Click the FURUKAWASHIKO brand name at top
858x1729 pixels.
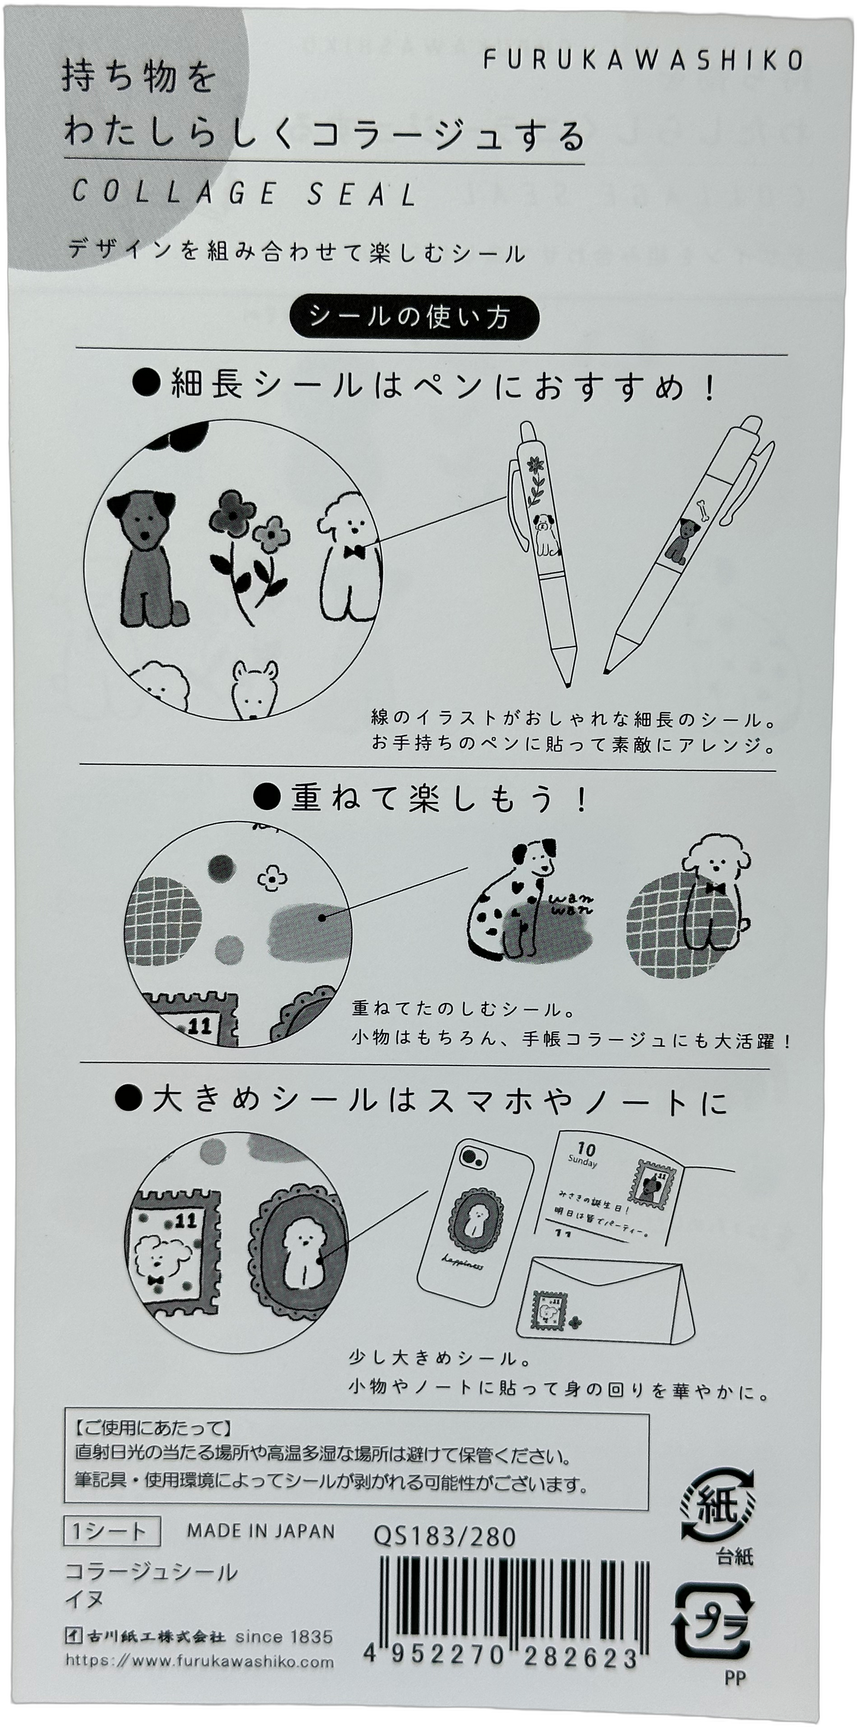[x=642, y=61]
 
